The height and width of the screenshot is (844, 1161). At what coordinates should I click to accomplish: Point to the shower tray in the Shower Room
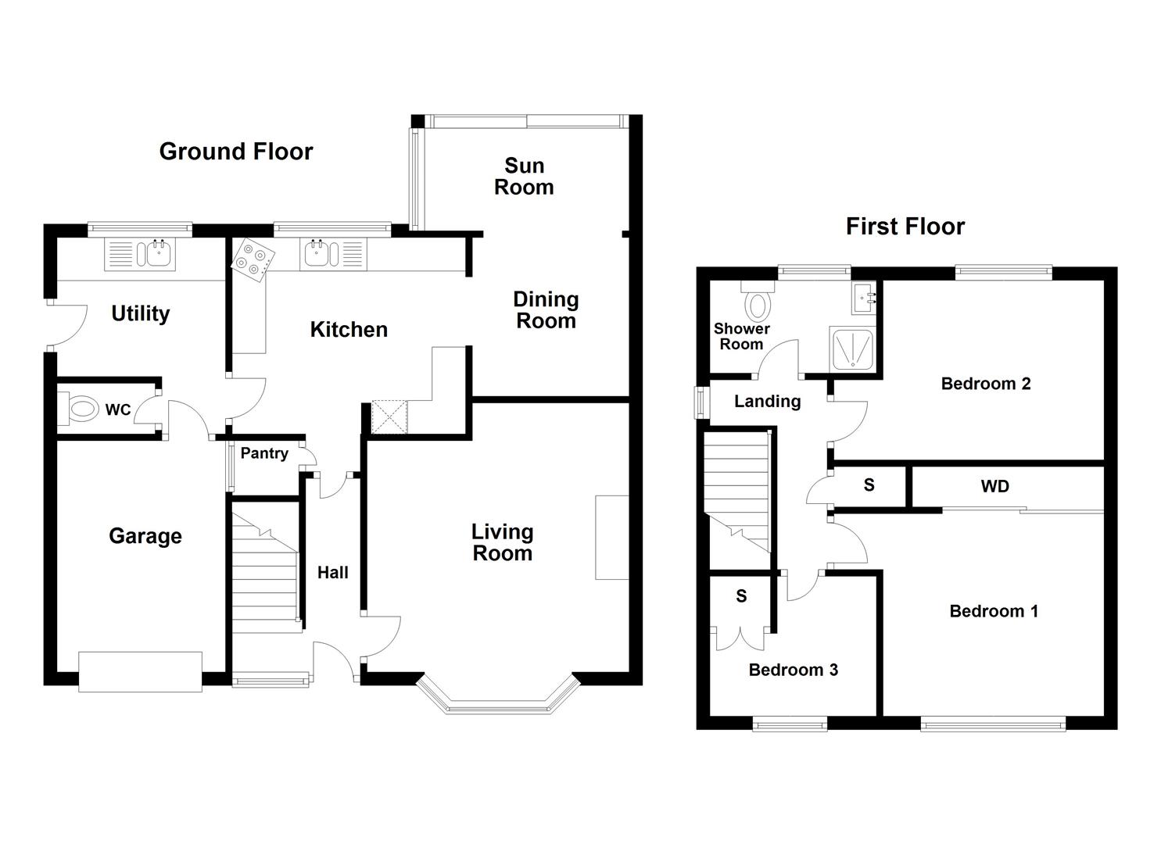pyautogui.click(x=851, y=349)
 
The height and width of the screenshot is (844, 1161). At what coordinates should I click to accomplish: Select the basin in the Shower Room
pyautogui.click(x=864, y=298)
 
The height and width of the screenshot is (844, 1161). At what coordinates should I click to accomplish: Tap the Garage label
pyautogui.click(x=145, y=536)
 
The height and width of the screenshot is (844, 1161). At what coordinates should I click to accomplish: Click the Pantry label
pyautogui.click(x=264, y=453)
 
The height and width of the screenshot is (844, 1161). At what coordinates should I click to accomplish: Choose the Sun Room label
pyautogui.click(x=524, y=177)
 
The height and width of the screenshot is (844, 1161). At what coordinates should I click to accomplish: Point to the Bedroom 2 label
pyautogui.click(x=985, y=384)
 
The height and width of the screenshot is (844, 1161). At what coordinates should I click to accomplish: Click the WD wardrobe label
pyautogui.click(x=994, y=487)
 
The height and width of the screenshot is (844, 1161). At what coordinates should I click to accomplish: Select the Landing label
pyautogui.click(x=767, y=402)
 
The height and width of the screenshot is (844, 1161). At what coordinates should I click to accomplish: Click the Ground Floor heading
pyautogui.click(x=236, y=152)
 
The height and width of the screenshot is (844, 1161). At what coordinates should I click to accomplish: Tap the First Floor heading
pyautogui.click(x=905, y=227)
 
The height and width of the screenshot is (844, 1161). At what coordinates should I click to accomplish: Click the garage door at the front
pyautogui.click(x=141, y=671)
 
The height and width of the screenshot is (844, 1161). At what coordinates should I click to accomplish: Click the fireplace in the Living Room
pyautogui.click(x=611, y=538)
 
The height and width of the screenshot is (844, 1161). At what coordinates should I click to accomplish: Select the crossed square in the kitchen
pyautogui.click(x=390, y=417)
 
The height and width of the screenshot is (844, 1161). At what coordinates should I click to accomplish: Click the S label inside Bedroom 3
pyautogui.click(x=741, y=597)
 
